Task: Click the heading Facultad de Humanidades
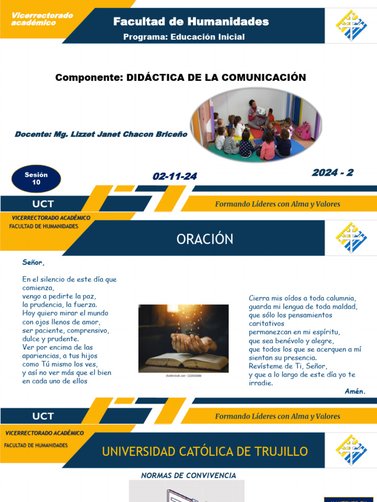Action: click(191, 22)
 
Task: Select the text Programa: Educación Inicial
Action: click(184, 37)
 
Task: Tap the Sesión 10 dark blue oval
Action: click(36, 178)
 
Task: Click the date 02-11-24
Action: click(175, 176)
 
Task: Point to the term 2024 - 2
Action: click(332, 173)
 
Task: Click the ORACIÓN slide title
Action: click(205, 239)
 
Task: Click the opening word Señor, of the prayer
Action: click(33, 262)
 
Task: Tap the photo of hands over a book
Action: click(183, 338)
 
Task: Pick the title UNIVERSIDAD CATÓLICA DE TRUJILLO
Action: click(205, 452)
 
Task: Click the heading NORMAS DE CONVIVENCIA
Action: click(188, 476)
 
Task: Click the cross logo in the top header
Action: click(351, 25)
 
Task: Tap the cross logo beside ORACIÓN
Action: click(351, 238)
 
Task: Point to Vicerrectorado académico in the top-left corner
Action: click(42, 19)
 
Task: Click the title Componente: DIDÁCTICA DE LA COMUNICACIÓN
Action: click(181, 77)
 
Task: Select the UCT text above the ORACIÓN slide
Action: click(43, 204)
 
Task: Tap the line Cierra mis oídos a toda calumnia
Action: click(302, 298)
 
